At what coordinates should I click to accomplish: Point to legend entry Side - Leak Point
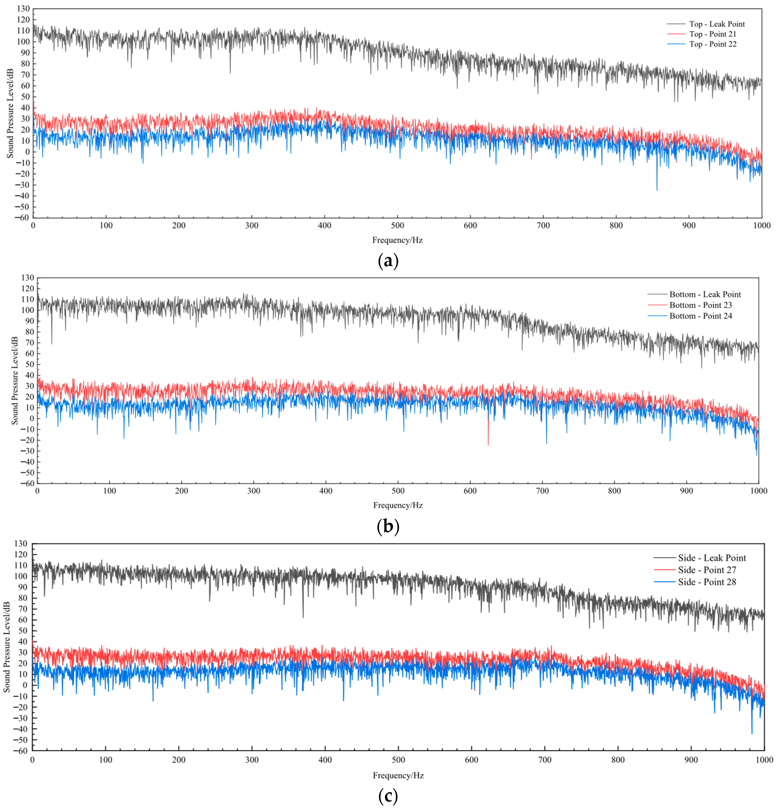tap(711, 558)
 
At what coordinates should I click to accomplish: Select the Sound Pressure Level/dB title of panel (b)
tap(15, 381)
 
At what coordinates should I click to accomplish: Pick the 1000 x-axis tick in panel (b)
tap(758, 491)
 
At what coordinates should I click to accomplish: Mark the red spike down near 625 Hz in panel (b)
tap(488, 444)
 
